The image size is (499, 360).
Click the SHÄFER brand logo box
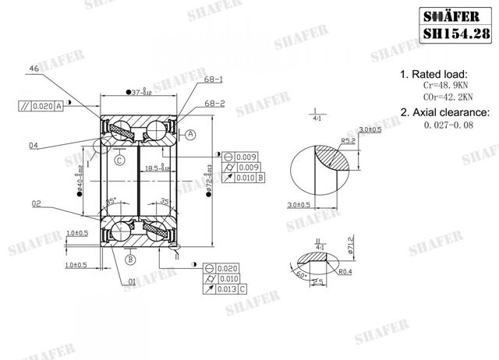tap(452, 15)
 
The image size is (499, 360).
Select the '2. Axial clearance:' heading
tap(444, 112)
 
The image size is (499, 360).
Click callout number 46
tap(34, 69)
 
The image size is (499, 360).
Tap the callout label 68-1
tap(214, 79)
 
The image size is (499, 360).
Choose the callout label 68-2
tap(214, 101)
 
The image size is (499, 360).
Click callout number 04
tap(34, 144)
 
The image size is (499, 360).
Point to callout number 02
tap(36, 204)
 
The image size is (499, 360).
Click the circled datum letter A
tap(190, 134)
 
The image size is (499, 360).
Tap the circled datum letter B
tap(130, 259)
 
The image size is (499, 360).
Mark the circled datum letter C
tap(119, 160)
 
